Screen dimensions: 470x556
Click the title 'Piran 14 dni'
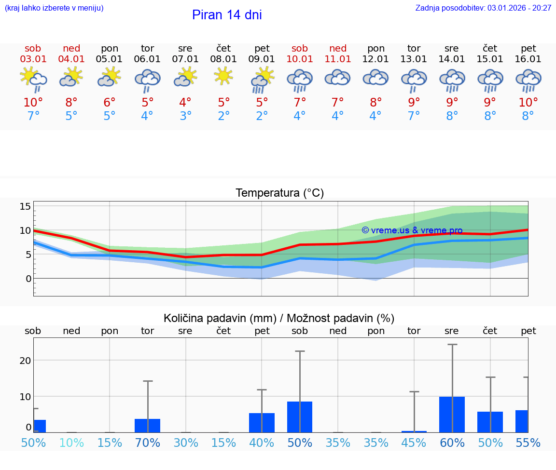pyautogui.click(x=227, y=15)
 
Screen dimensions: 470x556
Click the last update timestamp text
pyautogui.click(x=483, y=8)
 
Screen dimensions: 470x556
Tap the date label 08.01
pyautogui.click(x=223, y=59)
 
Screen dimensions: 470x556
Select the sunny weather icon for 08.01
pyautogui.click(x=223, y=76)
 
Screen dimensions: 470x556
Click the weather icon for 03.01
pyautogui.click(x=33, y=79)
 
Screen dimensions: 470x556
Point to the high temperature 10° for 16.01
pyautogui.click(x=528, y=102)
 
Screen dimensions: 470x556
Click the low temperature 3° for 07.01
pyautogui.click(x=185, y=116)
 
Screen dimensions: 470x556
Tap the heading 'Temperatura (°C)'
pyautogui.click(x=279, y=193)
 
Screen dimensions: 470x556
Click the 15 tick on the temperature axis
pyautogui.click(x=26, y=206)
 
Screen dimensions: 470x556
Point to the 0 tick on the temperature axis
pyautogui.click(x=28, y=279)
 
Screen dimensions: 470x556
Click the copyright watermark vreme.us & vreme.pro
pyautogui.click(x=412, y=230)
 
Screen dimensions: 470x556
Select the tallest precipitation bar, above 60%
pyautogui.click(x=452, y=414)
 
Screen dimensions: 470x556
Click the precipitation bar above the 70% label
pyautogui.click(x=147, y=425)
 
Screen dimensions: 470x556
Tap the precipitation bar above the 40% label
pyautogui.click(x=262, y=422)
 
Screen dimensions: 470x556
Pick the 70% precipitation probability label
pyautogui.click(x=147, y=443)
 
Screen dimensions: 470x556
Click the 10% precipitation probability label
pyautogui.click(x=71, y=443)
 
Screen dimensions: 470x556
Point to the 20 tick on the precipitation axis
pyautogui.click(x=25, y=361)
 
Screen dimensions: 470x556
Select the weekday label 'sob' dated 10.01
pyautogui.click(x=300, y=49)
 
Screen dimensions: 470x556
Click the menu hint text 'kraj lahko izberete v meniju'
pyautogui.click(x=54, y=8)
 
